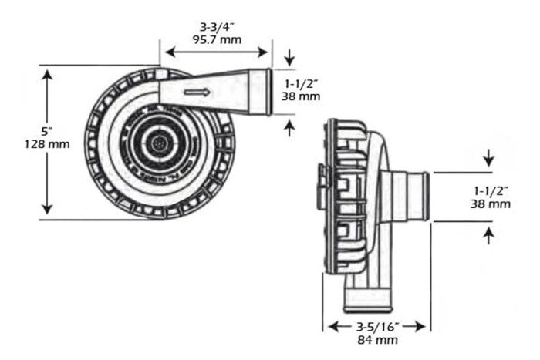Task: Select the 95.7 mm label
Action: click(x=216, y=39)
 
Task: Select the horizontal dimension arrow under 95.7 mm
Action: click(x=216, y=53)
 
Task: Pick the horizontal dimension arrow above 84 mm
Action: click(x=376, y=326)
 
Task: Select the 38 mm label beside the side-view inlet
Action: click(x=490, y=204)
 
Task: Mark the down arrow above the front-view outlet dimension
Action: click(x=289, y=57)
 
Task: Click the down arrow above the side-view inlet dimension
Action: click(x=489, y=159)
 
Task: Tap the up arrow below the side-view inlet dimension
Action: click(x=489, y=235)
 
